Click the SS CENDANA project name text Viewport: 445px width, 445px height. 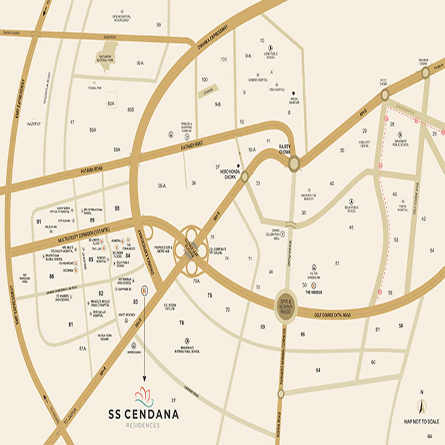[143, 414]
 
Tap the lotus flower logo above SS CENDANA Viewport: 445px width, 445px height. [144, 396]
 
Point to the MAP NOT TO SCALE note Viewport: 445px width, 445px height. [421, 422]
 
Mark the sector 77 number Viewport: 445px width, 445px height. [173, 400]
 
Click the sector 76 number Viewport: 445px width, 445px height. [181, 323]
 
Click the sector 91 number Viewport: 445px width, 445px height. [39, 221]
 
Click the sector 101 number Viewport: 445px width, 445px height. [224, 59]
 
